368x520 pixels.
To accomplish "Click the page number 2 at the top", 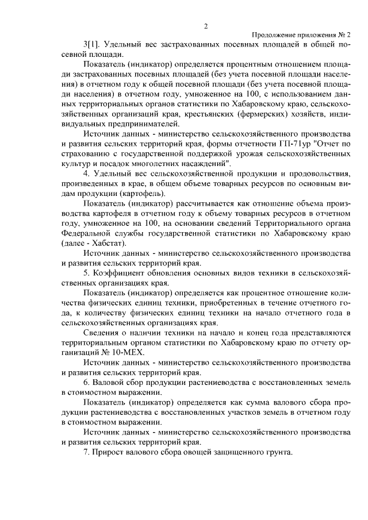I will point(205,25).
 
